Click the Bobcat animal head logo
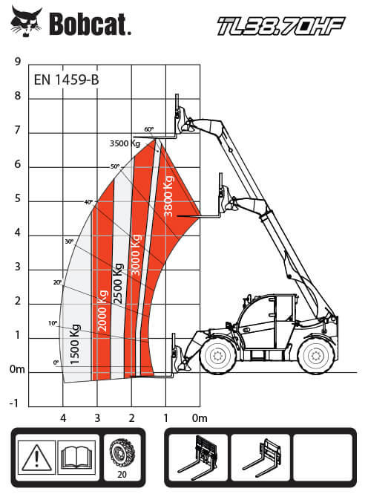(26, 21)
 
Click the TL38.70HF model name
(281, 26)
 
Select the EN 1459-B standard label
(66, 79)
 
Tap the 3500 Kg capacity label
(125, 143)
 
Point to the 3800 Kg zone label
(168, 196)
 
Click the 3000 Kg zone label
(136, 255)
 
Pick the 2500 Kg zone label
(118, 284)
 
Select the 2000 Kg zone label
(103, 311)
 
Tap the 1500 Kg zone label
(74, 345)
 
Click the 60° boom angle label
(149, 129)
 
